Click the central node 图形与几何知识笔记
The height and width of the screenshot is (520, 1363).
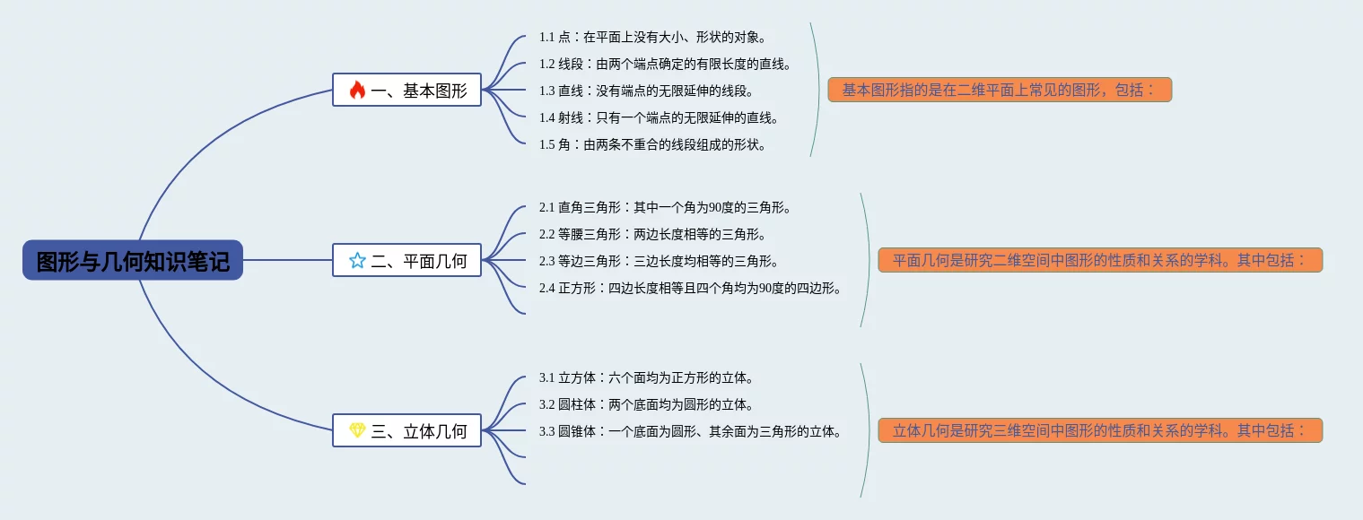coord(133,260)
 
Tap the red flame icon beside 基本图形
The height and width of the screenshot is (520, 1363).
coord(357,90)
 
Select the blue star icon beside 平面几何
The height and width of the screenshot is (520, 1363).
coord(357,260)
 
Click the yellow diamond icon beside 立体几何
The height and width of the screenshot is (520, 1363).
coord(357,430)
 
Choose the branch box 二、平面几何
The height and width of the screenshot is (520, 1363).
coord(406,260)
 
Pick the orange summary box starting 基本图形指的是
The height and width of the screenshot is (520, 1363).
coord(1000,90)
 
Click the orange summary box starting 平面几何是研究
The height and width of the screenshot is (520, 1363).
coord(1100,260)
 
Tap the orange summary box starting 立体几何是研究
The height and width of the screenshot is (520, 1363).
coord(1100,430)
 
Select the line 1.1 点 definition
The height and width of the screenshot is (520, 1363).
coord(653,37)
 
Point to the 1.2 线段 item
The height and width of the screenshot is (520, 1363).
coord(665,64)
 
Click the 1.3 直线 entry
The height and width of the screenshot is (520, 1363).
coord(647,91)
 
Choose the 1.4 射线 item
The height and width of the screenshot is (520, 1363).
coord(659,117)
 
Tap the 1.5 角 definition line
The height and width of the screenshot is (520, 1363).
coord(653,144)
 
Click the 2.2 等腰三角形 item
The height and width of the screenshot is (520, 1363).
coord(653,234)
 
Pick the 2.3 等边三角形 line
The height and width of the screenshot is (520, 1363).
coord(659,261)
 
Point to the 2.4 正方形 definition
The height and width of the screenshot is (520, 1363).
coord(691,288)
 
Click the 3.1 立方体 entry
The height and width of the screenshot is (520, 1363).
coord(647,377)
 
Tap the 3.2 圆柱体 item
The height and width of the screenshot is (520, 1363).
coord(647,404)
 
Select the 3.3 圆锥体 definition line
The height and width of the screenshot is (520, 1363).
coord(691,431)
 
